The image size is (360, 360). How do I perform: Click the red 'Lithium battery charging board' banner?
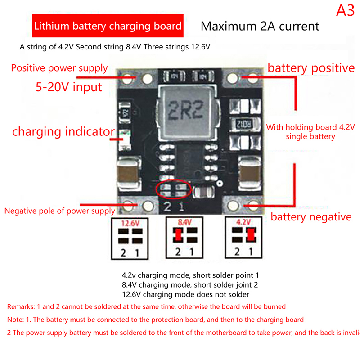click(108, 26)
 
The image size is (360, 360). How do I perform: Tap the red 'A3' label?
click(345, 11)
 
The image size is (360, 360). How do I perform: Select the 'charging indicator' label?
click(63, 132)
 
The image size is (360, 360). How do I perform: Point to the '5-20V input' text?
click(69, 86)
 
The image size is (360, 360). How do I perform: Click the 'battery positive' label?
click(311, 68)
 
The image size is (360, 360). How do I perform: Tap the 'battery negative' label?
click(310, 217)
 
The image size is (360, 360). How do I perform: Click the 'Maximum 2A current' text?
click(260, 26)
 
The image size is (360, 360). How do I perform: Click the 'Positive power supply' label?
click(59, 68)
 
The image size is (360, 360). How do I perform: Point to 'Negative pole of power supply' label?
click(60, 211)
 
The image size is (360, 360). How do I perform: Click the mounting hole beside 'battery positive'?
click(232, 79)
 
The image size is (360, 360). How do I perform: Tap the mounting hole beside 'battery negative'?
click(234, 205)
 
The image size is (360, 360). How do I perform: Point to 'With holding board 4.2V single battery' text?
click(310, 132)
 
